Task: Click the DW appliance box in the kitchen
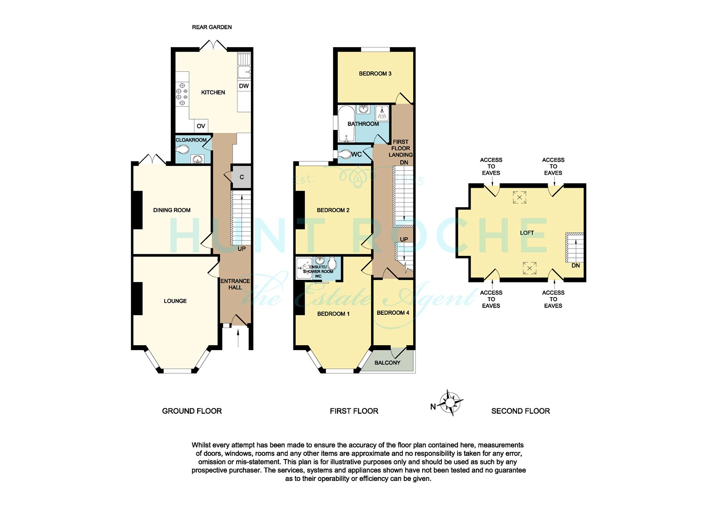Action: click(x=244, y=86)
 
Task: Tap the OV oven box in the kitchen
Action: click(x=201, y=126)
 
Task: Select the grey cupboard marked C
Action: click(x=241, y=177)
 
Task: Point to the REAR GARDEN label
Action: click(x=212, y=27)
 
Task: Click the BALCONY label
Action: click(x=387, y=363)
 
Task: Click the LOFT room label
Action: click(x=527, y=233)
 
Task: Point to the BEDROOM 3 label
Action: click(x=375, y=74)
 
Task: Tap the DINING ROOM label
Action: click(x=172, y=210)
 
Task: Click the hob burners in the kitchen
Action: click(x=182, y=94)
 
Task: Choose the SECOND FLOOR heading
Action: click(x=520, y=411)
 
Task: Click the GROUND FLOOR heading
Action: click(x=192, y=411)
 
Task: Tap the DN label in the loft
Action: click(x=575, y=265)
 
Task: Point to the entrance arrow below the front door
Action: click(x=238, y=338)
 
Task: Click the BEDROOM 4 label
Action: click(x=393, y=312)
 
